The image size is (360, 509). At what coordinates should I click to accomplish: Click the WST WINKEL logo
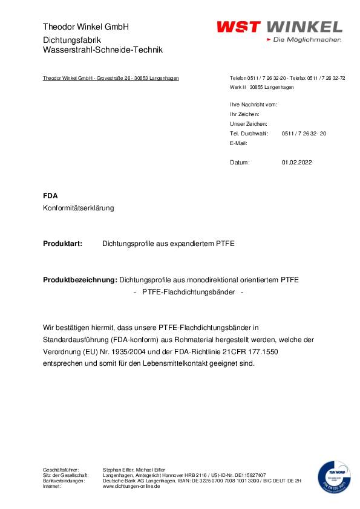(x=279, y=27)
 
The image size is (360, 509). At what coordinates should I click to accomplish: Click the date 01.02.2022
(x=297, y=163)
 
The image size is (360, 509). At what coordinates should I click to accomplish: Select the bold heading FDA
(x=50, y=196)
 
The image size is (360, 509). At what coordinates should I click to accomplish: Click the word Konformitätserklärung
(x=79, y=208)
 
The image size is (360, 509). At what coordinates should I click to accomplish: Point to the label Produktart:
(x=62, y=244)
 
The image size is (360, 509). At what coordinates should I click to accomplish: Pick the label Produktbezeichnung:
(x=80, y=280)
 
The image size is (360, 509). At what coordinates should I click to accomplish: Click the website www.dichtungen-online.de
(x=131, y=486)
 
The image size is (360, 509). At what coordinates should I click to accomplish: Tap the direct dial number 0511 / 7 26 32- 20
(x=304, y=133)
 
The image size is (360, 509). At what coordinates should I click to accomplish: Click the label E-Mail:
(x=239, y=143)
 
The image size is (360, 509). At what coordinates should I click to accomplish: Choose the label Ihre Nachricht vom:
(x=254, y=105)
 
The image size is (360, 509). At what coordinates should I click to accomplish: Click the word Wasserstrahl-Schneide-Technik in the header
(x=103, y=50)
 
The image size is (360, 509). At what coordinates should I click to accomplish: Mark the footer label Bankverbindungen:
(x=65, y=481)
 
